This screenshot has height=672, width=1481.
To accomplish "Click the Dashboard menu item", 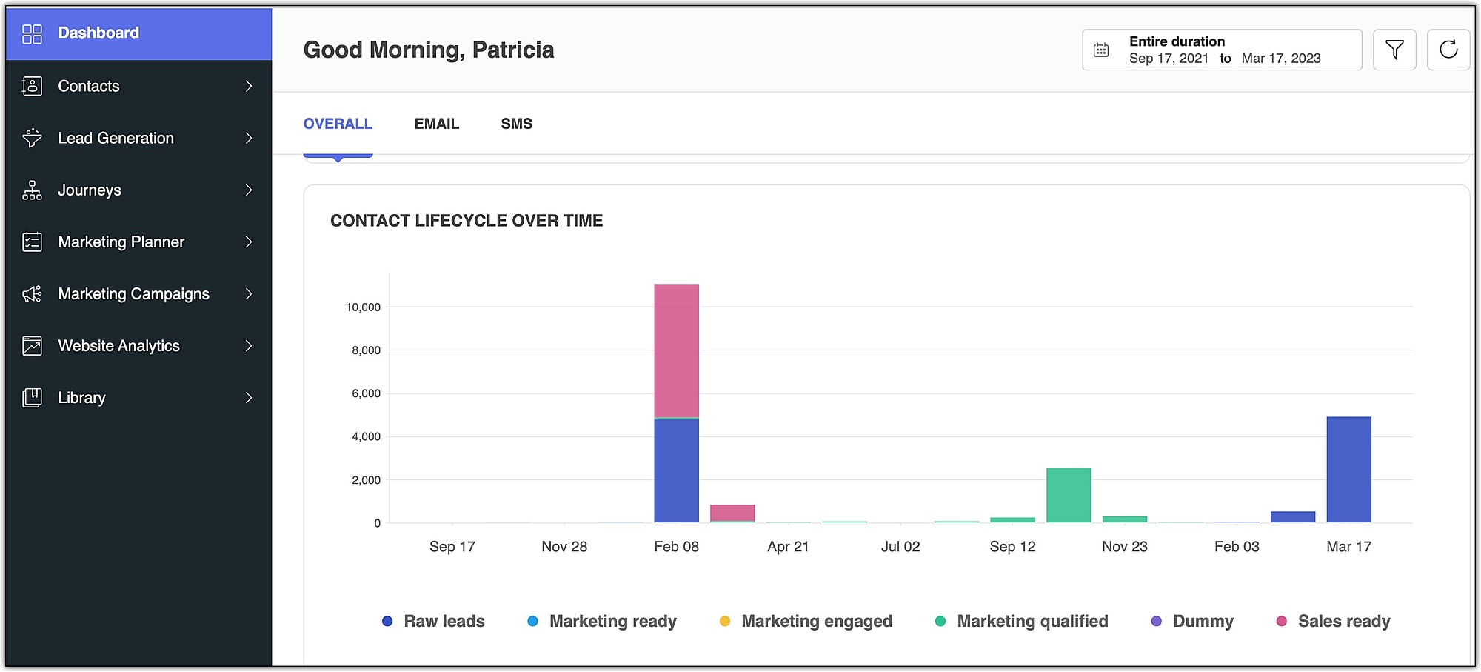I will [x=98, y=33].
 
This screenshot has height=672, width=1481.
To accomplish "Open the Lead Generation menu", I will [x=116, y=139].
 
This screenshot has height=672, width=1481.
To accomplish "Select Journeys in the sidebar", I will [x=90, y=190].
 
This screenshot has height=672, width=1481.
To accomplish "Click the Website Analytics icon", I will [x=32, y=346].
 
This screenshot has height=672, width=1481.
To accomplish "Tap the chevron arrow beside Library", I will [x=249, y=398].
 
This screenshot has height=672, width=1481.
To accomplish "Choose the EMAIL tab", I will [x=436, y=124].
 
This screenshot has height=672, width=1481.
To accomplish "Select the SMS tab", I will [x=516, y=124].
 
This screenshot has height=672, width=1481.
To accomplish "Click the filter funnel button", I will [x=1394, y=50].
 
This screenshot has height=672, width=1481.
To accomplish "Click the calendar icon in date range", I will [x=1101, y=50].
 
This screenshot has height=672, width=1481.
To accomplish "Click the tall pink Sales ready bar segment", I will [x=676, y=350].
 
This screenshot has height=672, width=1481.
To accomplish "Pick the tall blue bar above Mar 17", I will [x=1348, y=469].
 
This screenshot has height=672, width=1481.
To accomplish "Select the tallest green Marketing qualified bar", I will [x=1069, y=495].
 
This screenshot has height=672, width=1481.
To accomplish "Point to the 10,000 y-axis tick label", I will [x=363, y=307].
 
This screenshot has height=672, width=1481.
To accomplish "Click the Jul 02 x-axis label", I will [x=900, y=547].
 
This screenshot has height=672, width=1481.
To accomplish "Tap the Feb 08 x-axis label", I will [x=676, y=547].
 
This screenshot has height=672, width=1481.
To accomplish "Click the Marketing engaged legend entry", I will [x=816, y=621].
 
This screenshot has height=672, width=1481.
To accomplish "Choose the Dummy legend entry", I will [x=1203, y=621].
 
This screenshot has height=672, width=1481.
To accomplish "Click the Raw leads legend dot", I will [x=387, y=621].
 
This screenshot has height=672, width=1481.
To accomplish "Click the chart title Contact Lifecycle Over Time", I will [x=467, y=221].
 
